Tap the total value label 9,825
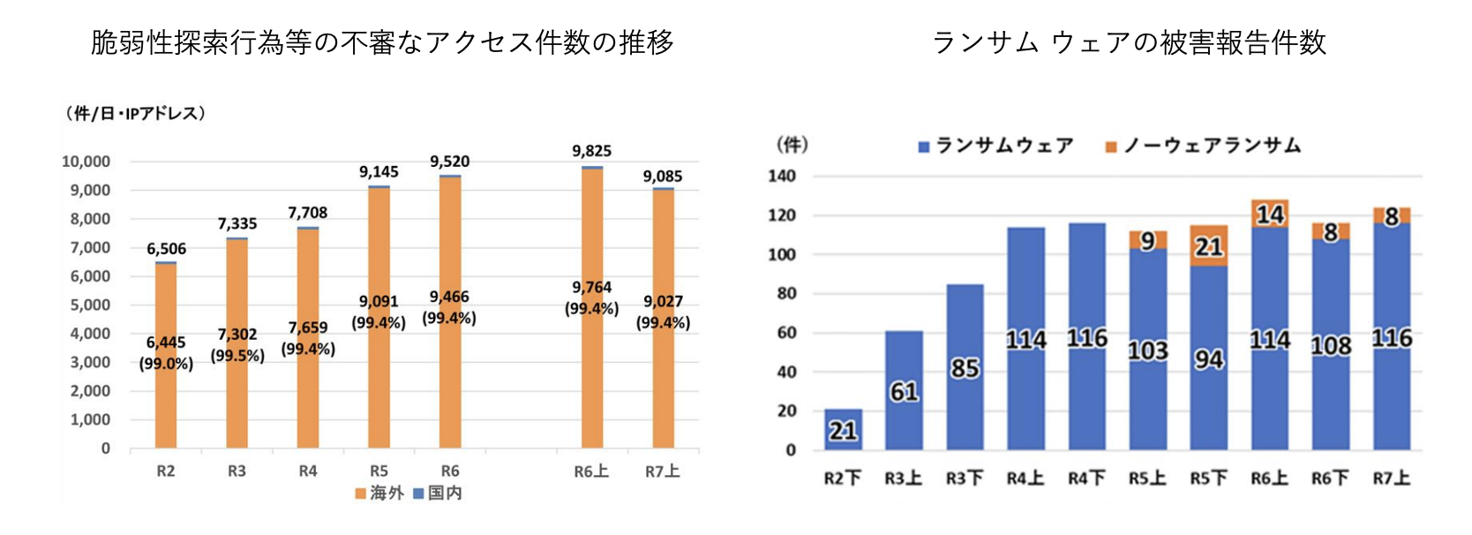click(x=591, y=151)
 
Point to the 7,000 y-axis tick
click(x=90, y=247)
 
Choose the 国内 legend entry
click(x=438, y=493)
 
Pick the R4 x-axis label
click(x=307, y=471)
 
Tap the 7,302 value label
click(x=237, y=334)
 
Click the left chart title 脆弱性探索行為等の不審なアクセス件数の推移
click(x=382, y=42)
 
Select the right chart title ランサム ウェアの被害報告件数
click(x=1129, y=42)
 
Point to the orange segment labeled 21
click(x=1208, y=246)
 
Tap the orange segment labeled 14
click(x=1269, y=215)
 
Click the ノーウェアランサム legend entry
click(x=1204, y=146)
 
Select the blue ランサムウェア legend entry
click(x=996, y=146)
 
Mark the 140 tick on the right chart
click(x=782, y=176)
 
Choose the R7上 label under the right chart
click(x=1391, y=478)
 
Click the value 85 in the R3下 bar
click(x=965, y=367)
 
